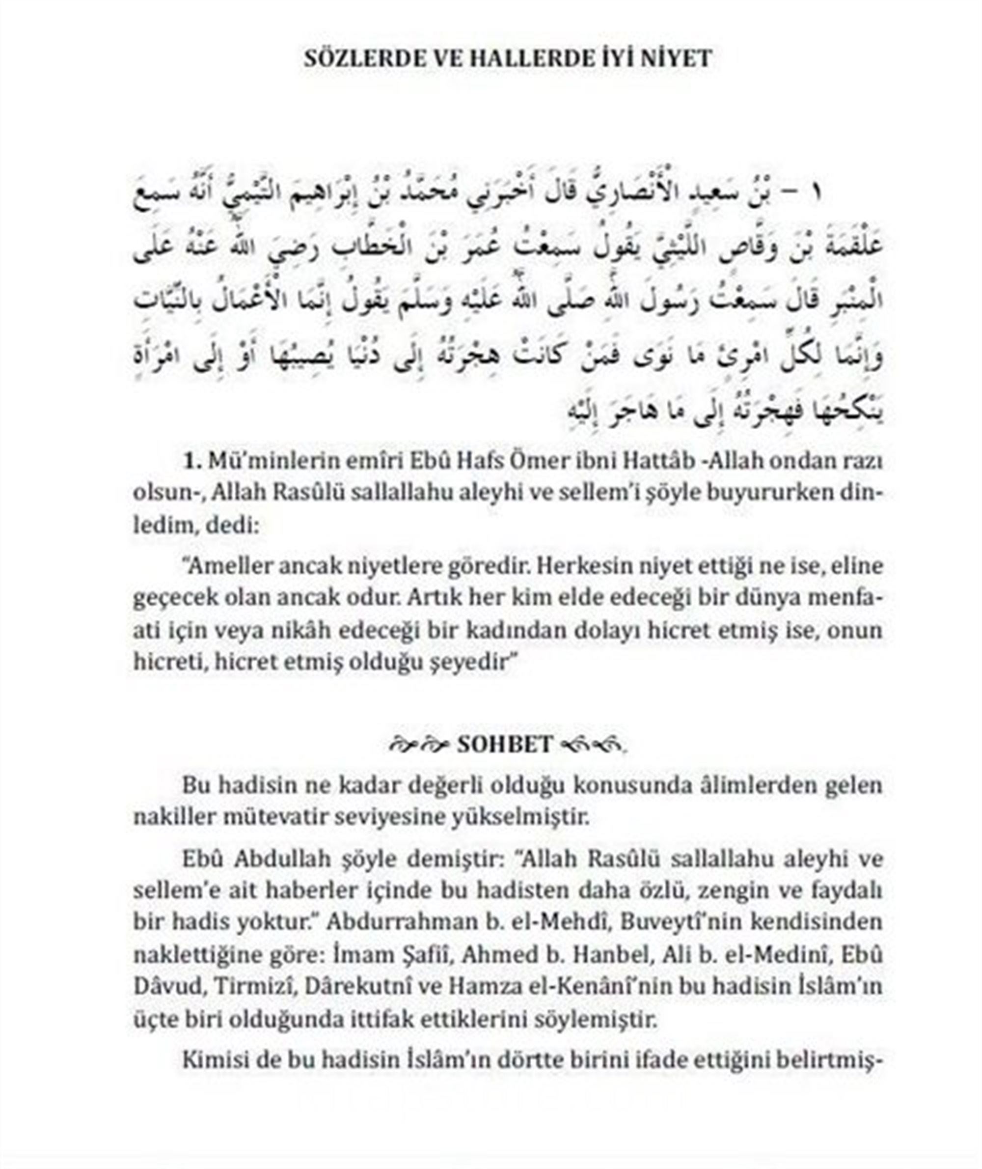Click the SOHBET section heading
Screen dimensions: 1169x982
pos(504,744)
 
